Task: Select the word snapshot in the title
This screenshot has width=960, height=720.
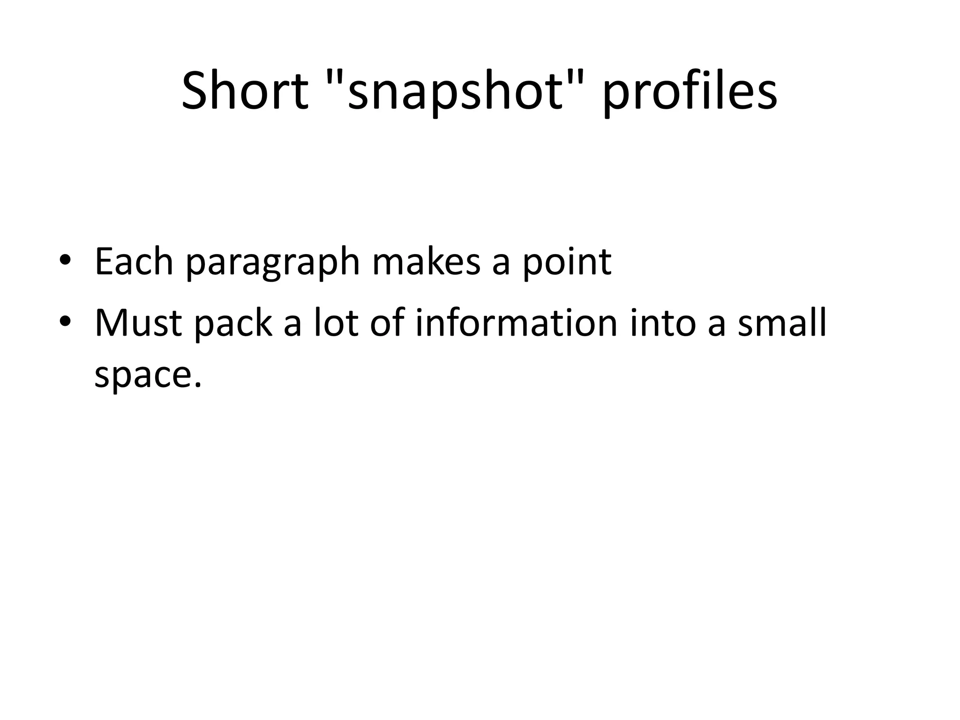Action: click(x=455, y=92)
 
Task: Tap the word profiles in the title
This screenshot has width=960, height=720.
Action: click(x=690, y=92)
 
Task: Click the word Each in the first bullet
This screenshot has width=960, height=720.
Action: click(x=134, y=261)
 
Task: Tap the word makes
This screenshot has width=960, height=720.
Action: click(x=426, y=261)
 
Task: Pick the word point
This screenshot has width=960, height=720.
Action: click(x=567, y=262)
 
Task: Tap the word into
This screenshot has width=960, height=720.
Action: click(x=663, y=323)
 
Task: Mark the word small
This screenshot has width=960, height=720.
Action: click(x=781, y=323)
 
